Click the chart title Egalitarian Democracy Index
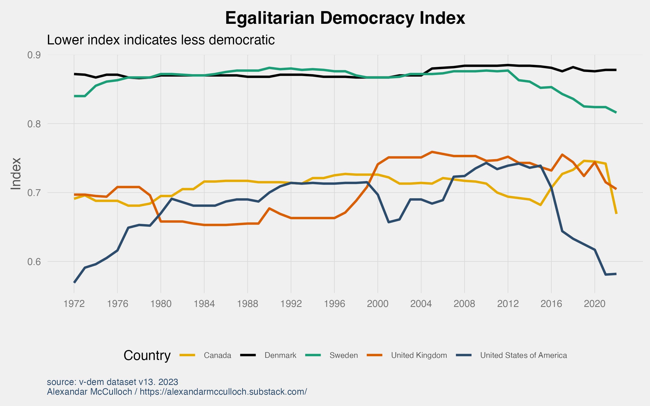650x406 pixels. (x=345, y=18)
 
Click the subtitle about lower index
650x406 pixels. (x=161, y=40)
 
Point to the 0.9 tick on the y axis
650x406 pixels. (x=34, y=55)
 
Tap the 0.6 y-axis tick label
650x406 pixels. (x=34, y=262)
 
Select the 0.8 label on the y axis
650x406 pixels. (x=34, y=124)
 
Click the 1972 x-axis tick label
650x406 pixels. (x=74, y=304)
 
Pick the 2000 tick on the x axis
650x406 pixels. (x=378, y=304)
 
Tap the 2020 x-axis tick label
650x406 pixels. (x=594, y=304)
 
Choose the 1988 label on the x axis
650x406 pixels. (x=248, y=304)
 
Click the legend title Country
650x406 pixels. (x=147, y=355)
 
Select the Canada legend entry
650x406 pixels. (x=217, y=355)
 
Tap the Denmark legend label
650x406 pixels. (x=280, y=355)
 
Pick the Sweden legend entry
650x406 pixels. (x=343, y=355)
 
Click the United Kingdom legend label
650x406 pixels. (x=419, y=355)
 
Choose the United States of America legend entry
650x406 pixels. (x=523, y=355)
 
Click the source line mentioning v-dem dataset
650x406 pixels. (x=112, y=382)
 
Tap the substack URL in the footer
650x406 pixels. (x=223, y=392)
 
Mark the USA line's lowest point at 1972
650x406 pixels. (x=74, y=282)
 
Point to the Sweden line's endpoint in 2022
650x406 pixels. (x=616, y=113)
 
